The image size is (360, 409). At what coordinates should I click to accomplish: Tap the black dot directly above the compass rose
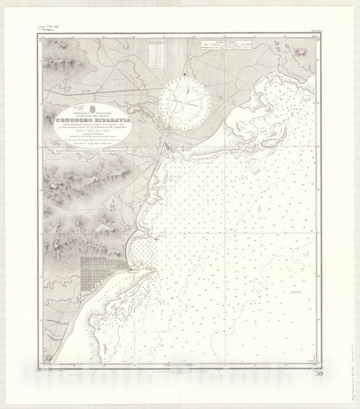pos(184,74)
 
